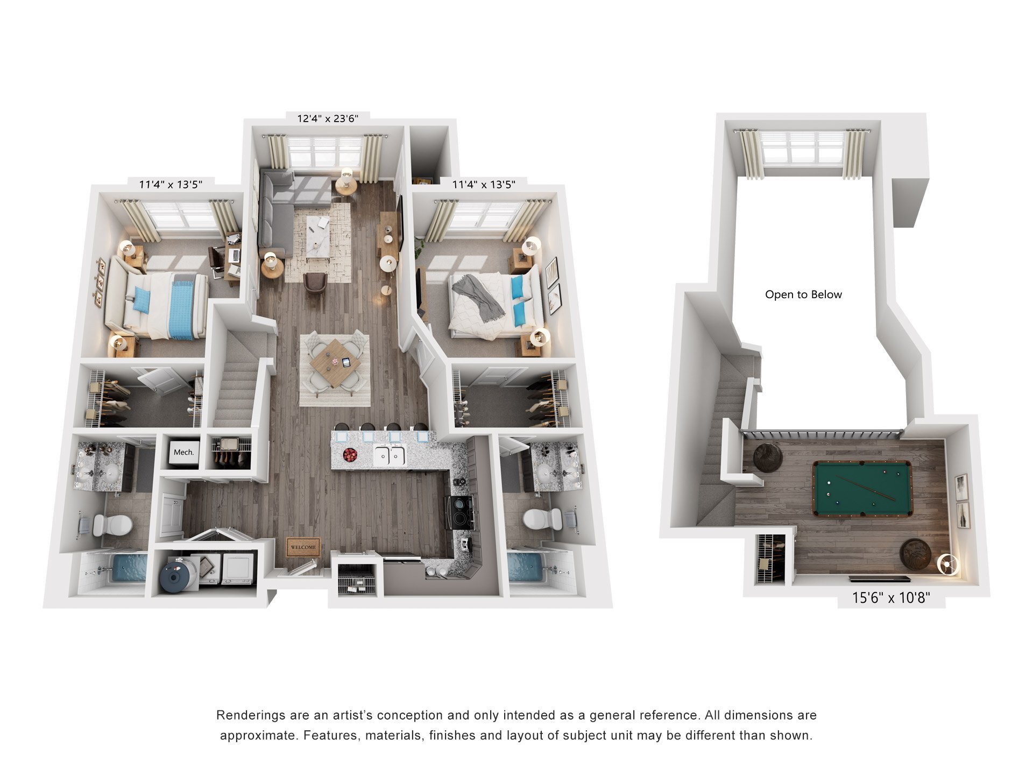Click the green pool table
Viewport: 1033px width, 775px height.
point(862,488)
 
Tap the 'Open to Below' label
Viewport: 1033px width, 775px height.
point(803,294)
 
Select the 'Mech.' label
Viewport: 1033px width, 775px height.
point(183,452)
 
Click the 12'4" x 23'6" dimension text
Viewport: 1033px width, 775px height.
point(327,118)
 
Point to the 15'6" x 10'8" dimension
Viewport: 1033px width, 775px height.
point(891,597)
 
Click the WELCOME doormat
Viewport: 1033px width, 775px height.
point(303,547)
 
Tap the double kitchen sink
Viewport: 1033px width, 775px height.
point(390,456)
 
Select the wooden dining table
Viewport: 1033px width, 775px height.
point(335,363)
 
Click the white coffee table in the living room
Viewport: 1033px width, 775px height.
point(318,237)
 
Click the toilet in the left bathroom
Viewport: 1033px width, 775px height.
point(113,524)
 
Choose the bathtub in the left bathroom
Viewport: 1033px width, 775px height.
point(129,569)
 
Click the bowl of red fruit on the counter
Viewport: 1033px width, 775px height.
point(350,455)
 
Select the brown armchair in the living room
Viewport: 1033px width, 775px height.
point(315,281)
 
